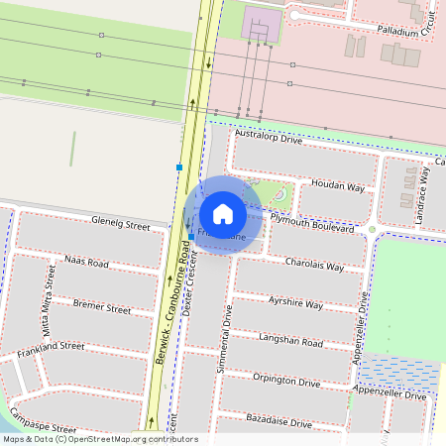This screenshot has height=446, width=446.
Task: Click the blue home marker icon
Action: pyautogui.click(x=223, y=213)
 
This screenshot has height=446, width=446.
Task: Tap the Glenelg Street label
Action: pyautogui.click(x=121, y=223)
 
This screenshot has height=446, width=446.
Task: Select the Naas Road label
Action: pyautogui.click(x=86, y=263)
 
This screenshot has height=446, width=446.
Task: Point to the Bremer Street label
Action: pyautogui.click(x=102, y=308)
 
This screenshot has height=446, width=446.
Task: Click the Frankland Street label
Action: pyautogui.click(x=44, y=347)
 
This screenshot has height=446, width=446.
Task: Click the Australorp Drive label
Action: pyautogui.click(x=268, y=139)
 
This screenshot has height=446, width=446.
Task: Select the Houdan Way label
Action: pyautogui.click(x=338, y=185)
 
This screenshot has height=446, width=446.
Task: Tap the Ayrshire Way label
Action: pyautogui.click(x=295, y=302)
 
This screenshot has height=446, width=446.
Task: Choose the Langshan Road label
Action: pyautogui.click(x=290, y=342)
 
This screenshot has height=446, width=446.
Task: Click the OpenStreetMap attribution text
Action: pyautogui.click(x=99, y=438)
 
